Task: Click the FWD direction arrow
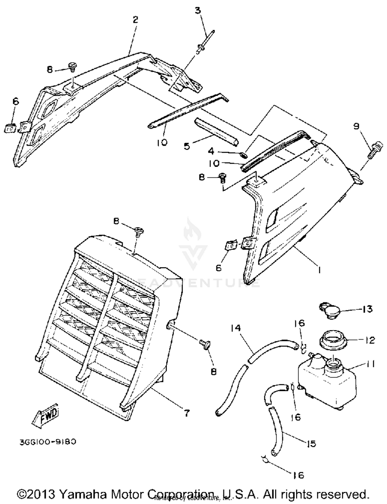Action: [x=46, y=416]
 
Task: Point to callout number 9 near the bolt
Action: [x=356, y=126]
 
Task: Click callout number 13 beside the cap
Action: [x=367, y=309]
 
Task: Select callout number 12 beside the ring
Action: [x=370, y=340]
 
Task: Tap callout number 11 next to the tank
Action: [x=369, y=364]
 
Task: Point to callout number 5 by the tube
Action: [x=187, y=146]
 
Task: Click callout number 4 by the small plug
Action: [x=211, y=151]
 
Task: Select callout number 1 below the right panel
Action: [x=319, y=270]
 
